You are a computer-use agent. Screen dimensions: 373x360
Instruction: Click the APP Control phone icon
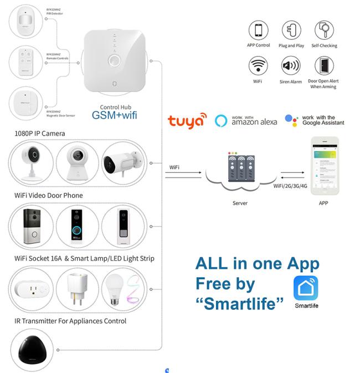pos(258,30)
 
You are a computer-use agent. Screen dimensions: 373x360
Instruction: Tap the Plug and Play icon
pos(291,30)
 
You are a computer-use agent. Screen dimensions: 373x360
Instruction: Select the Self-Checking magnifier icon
pos(324,30)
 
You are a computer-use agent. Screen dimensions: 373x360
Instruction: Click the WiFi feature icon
pos(258,67)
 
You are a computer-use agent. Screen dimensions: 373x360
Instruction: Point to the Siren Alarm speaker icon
pos(291,67)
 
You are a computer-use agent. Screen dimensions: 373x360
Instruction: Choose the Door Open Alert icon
pos(324,67)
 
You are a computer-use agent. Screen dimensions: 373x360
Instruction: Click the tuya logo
pos(187,121)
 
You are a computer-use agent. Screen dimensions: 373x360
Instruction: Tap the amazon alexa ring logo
pos(222,120)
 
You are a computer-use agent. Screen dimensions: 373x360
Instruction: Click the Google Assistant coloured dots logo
pos(292,120)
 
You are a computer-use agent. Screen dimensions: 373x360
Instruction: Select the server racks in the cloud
pos(240,168)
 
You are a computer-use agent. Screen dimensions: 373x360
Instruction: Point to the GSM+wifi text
pos(115,115)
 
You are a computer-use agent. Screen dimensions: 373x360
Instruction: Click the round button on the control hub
pos(115,60)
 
